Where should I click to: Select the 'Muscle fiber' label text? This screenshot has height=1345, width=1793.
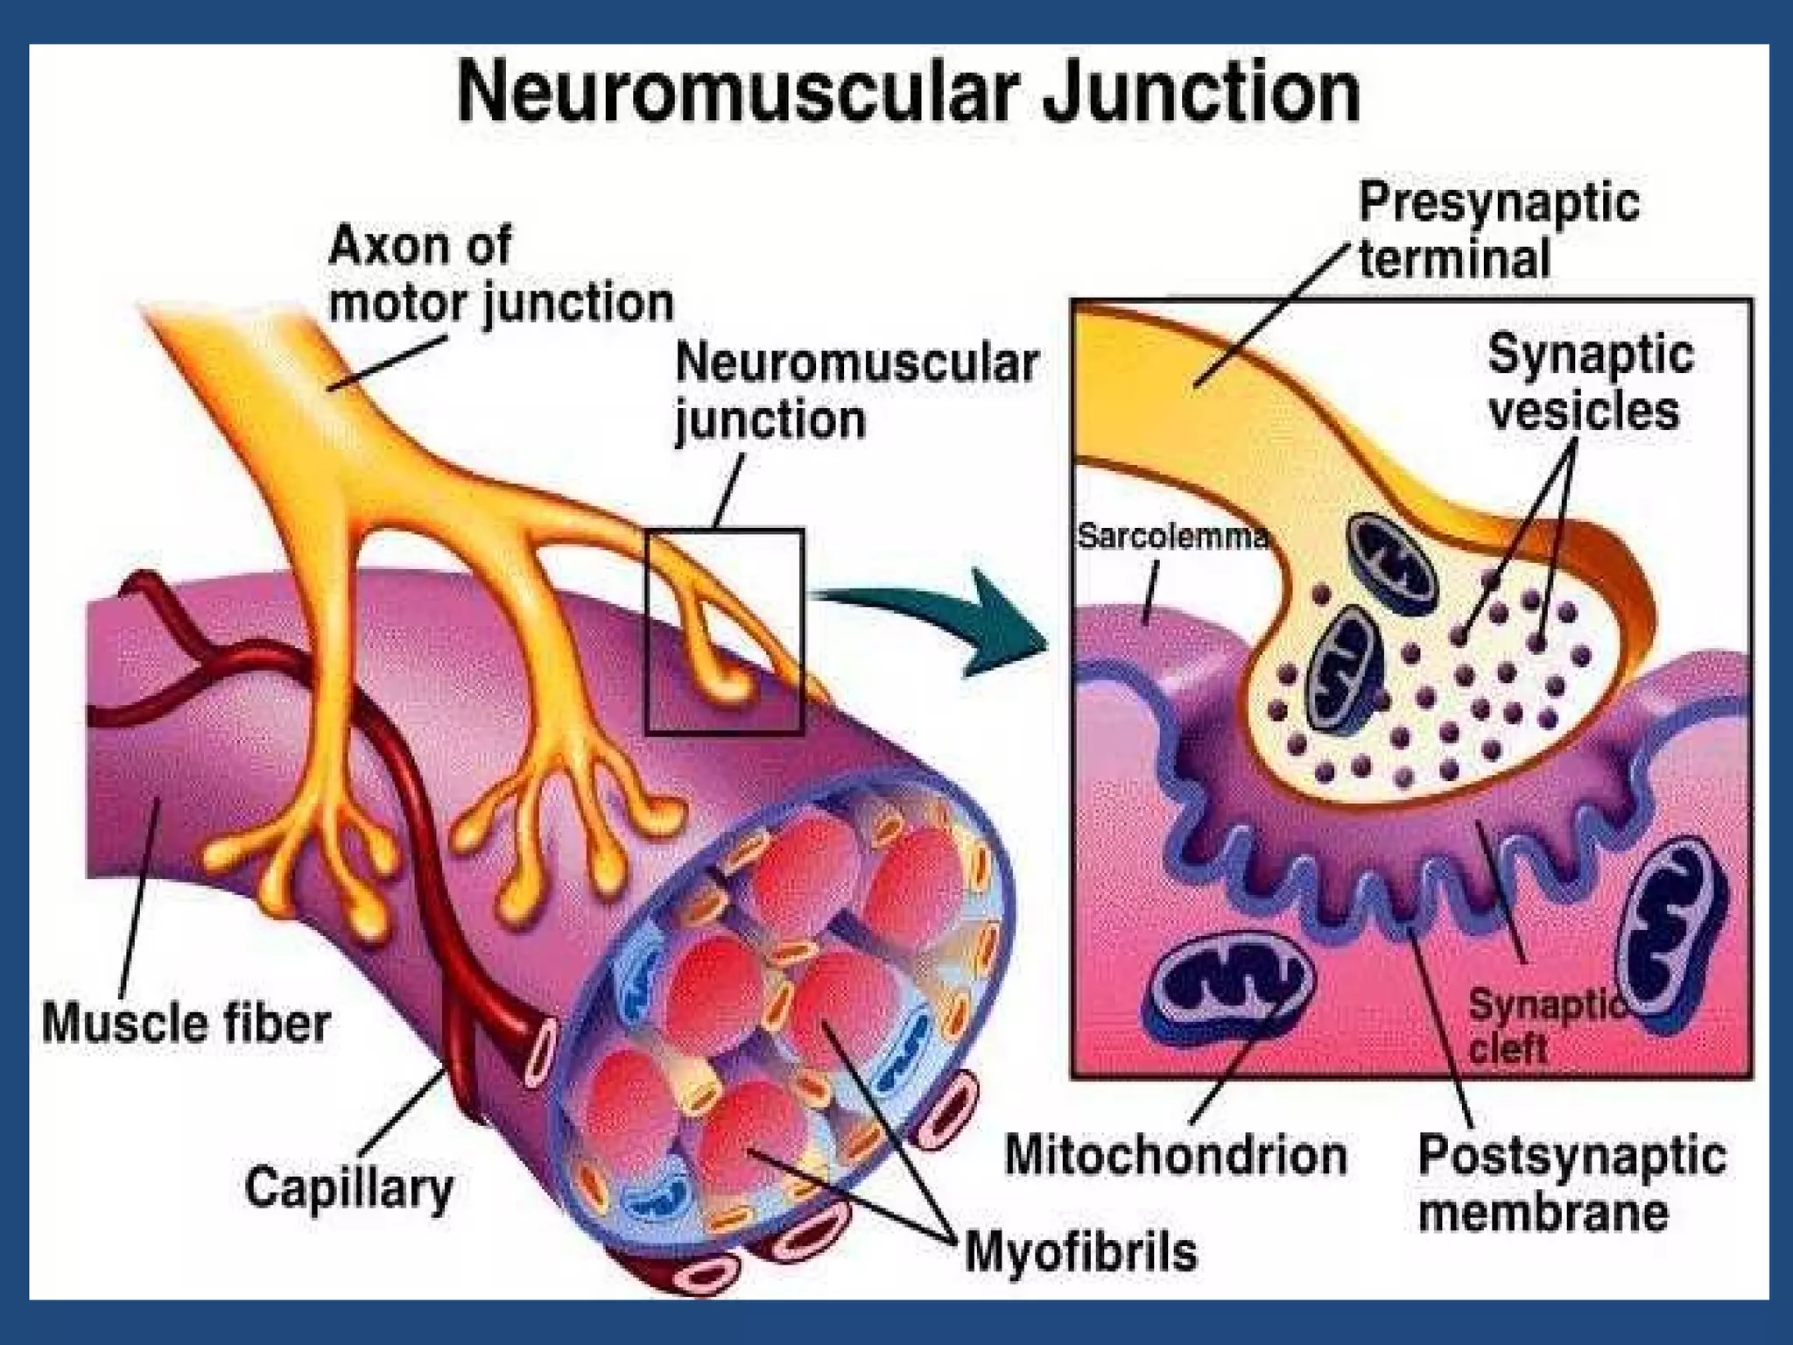186,1023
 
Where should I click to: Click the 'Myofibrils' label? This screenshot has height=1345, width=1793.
1080,1252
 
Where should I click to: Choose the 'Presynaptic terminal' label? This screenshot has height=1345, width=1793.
1498,231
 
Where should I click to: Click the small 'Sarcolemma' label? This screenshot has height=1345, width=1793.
1171,536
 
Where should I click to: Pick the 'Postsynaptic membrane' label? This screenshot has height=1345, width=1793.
1572,1184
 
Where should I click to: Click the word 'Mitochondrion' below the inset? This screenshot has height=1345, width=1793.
1176,1155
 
